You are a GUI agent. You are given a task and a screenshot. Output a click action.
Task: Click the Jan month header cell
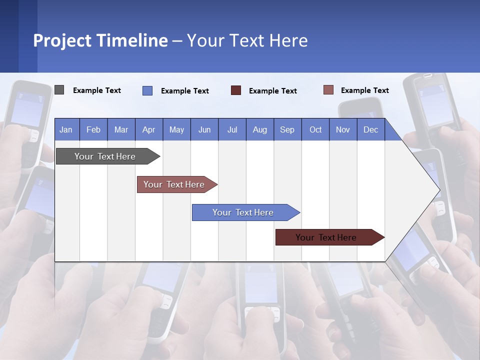click(x=66, y=129)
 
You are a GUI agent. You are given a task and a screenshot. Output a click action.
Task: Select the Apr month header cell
click(x=149, y=129)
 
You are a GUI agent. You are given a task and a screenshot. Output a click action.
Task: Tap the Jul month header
click(x=232, y=129)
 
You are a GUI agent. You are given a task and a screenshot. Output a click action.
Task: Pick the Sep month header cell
click(x=287, y=129)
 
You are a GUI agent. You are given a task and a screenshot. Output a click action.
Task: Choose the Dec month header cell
click(x=370, y=129)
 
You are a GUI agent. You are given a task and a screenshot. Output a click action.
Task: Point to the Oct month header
click(x=315, y=129)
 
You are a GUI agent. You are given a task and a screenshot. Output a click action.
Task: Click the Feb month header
click(x=93, y=129)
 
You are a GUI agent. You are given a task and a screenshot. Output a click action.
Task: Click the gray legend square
click(x=59, y=90)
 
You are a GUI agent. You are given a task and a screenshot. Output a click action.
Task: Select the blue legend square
click(x=147, y=90)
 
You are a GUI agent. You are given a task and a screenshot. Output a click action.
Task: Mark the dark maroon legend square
click(x=236, y=90)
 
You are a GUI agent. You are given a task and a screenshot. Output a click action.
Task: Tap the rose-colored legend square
click(x=328, y=90)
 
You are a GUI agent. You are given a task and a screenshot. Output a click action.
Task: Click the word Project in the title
click(x=62, y=40)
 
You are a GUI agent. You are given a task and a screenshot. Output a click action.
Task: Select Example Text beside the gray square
click(x=97, y=90)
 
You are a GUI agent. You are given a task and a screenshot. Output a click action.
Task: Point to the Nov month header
click(x=343, y=129)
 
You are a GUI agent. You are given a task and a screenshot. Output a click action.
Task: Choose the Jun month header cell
click(x=204, y=129)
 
